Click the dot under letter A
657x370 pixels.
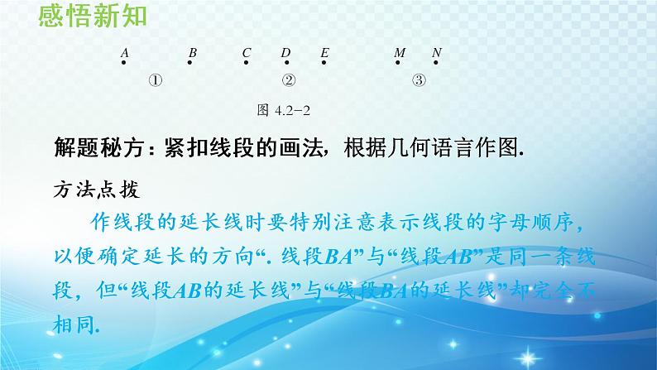[x=123, y=65]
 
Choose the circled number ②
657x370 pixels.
[x=289, y=81]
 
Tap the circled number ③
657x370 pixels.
[x=420, y=81]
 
